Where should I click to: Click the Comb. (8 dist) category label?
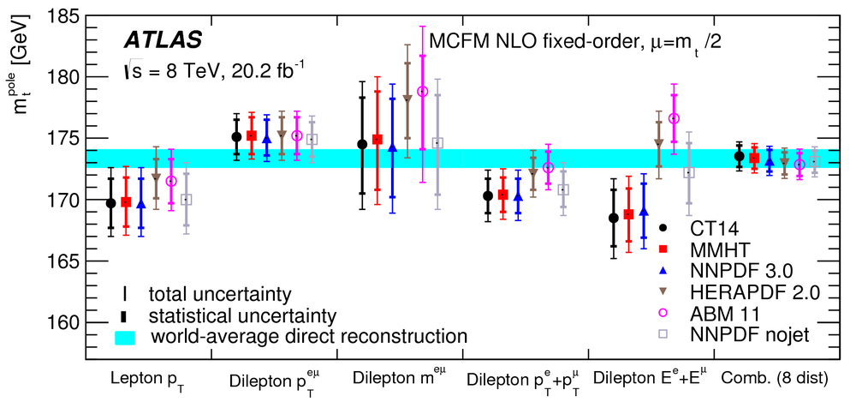click(770, 377)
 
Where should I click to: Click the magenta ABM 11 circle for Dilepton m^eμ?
click(422, 91)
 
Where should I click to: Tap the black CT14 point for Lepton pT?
click(110, 203)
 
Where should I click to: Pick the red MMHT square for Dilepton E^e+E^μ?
click(628, 214)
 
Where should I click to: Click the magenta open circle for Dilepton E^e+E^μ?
click(674, 118)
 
